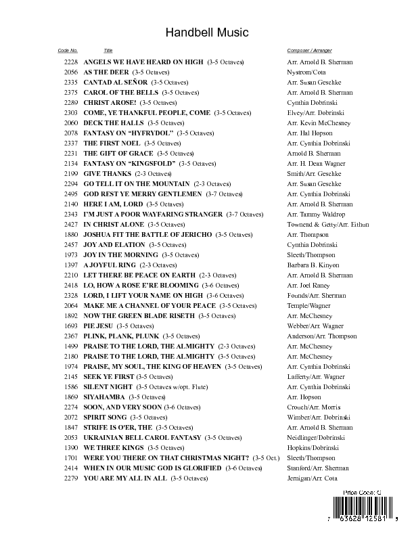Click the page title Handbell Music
click(x=207, y=32)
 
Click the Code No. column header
click(x=68, y=51)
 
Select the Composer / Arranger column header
click(x=309, y=51)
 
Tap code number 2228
click(x=71, y=62)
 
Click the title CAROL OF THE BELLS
click(x=121, y=92)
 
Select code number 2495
click(x=71, y=194)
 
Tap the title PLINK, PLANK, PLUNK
click(x=121, y=336)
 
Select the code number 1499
click(x=71, y=346)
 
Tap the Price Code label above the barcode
click(x=363, y=492)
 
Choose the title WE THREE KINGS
click(x=111, y=447)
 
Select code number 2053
click(x=71, y=437)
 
